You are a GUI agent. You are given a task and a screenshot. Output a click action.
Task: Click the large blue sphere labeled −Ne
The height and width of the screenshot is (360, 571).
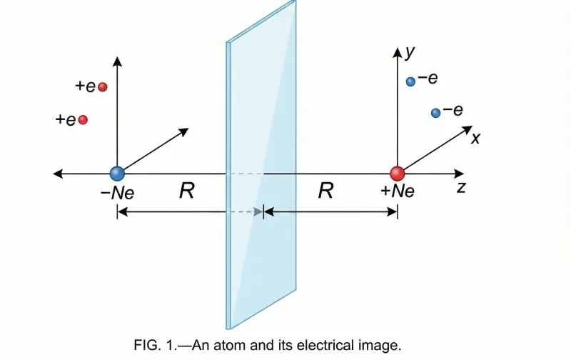pos(117,173)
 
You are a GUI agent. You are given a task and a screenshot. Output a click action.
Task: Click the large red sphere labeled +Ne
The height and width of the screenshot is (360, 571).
pos(398,173)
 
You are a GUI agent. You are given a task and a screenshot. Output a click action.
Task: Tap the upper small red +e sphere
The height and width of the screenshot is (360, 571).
pos(102,87)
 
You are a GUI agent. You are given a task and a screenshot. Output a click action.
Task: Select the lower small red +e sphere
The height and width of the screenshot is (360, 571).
pos(83,120)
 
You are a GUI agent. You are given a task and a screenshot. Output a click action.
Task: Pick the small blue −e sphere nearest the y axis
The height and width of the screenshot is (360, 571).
pos(410,82)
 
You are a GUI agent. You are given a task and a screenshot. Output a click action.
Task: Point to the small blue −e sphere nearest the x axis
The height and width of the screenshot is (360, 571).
pos(435,113)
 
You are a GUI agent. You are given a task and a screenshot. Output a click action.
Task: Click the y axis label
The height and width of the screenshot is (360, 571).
pos(410,51)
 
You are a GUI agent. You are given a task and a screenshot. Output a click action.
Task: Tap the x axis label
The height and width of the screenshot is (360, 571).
pos(475,138)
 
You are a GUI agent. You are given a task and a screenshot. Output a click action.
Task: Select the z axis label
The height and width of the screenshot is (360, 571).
pos(462,188)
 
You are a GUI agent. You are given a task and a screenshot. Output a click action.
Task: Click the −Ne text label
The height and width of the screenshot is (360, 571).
pos(117,192)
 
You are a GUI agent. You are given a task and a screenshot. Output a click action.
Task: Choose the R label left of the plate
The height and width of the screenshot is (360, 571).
pos(187,191)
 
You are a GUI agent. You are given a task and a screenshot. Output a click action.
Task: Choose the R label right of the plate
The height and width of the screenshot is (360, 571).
pos(325,191)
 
